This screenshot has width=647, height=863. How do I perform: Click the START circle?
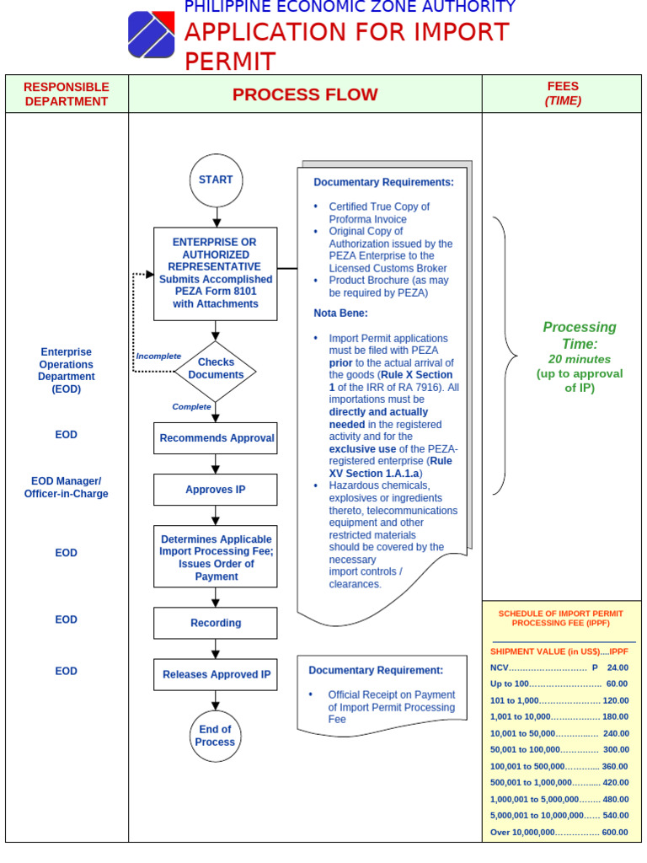click(216, 180)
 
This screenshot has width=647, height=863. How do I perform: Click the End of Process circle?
click(216, 736)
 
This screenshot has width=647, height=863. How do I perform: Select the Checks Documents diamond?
click(216, 369)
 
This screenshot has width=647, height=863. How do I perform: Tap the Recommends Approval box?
click(216, 438)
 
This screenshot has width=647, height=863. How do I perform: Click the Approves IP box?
click(216, 490)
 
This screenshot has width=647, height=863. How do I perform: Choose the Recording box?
click(216, 624)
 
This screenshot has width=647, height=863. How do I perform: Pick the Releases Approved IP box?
click(216, 675)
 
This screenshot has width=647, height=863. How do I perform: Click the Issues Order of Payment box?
click(216, 557)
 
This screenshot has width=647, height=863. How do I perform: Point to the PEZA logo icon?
click(152, 35)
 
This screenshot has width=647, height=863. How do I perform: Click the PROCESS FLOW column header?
click(305, 94)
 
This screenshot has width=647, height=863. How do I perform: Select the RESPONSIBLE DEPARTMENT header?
click(67, 94)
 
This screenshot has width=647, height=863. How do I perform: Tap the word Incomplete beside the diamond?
click(158, 356)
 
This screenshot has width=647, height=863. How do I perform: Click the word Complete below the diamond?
click(191, 406)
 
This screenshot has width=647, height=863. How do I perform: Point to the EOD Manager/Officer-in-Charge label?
click(67, 488)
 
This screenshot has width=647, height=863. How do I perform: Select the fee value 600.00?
click(615, 833)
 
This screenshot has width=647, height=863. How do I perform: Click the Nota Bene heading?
click(340, 313)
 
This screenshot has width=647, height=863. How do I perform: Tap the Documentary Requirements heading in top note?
click(383, 182)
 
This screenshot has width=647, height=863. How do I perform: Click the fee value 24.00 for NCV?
click(618, 667)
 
